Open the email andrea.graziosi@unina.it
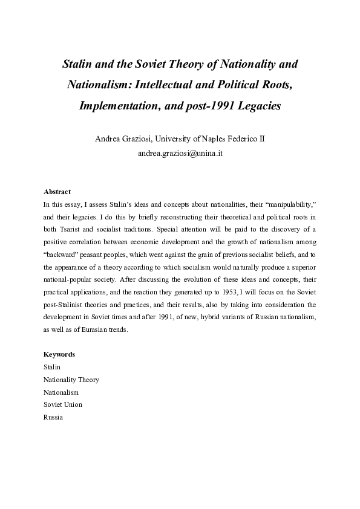[180, 153]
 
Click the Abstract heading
[57, 192]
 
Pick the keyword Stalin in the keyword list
[52, 367]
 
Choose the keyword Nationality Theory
[71, 380]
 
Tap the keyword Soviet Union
[62, 404]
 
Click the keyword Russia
[53, 417]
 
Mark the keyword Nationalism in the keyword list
[61, 392]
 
